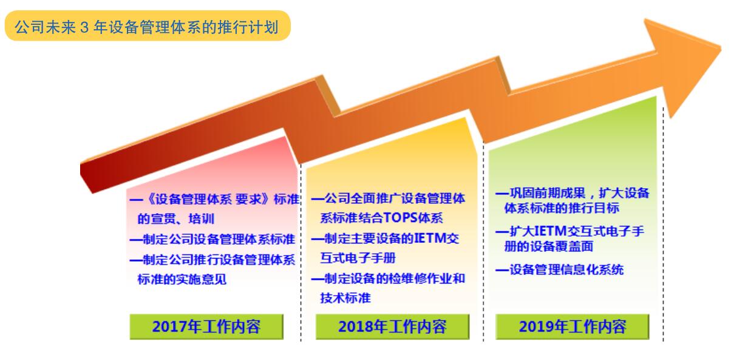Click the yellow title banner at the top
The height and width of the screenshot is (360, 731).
pos(148,25)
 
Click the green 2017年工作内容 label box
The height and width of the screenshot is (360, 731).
pos(206,327)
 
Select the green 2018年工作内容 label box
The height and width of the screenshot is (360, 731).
pos(392,327)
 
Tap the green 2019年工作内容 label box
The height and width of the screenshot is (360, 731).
pos(573,327)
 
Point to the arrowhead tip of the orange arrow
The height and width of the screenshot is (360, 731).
pos(721,49)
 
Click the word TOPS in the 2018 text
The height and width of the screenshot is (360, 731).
pos(400,218)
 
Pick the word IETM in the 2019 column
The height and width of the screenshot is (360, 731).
pos(550,231)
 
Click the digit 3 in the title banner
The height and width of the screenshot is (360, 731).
pos(84,27)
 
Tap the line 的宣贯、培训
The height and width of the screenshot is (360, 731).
pos(175,219)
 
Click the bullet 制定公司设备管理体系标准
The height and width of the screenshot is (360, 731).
pos(212,239)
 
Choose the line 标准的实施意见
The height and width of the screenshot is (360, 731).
pos(182,279)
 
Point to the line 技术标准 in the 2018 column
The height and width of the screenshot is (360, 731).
pos(345,298)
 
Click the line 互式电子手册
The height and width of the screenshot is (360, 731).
pos(358,258)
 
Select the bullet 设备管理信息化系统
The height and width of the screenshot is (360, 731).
pos(560,270)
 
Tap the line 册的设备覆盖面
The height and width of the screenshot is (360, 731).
pos(549,246)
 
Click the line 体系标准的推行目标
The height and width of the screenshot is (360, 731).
pos(562,208)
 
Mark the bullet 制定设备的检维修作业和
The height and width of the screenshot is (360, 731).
pos(388,279)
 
